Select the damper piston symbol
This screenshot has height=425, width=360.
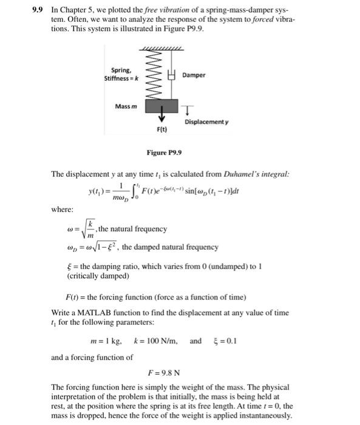(x=173, y=75)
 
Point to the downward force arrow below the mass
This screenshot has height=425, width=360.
(x=161, y=116)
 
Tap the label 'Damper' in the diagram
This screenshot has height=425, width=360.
(x=194, y=75)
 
